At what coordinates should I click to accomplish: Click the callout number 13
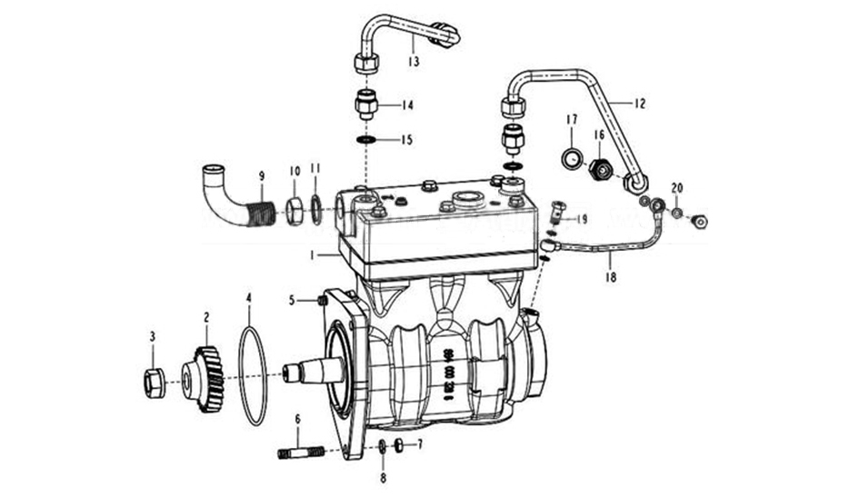point(414,63)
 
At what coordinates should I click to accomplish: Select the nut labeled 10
point(295,214)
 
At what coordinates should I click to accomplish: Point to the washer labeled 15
point(366,140)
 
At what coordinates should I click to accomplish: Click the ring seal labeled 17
point(571,158)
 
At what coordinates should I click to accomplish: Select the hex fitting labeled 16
point(598,169)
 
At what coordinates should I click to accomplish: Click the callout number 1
point(310,255)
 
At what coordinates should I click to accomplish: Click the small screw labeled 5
point(322,301)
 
